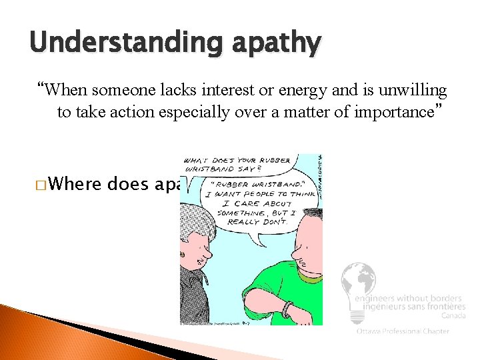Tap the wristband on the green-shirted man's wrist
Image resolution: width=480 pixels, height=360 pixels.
[288, 309]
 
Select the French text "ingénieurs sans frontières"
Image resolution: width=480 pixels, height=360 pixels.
[410, 307]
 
